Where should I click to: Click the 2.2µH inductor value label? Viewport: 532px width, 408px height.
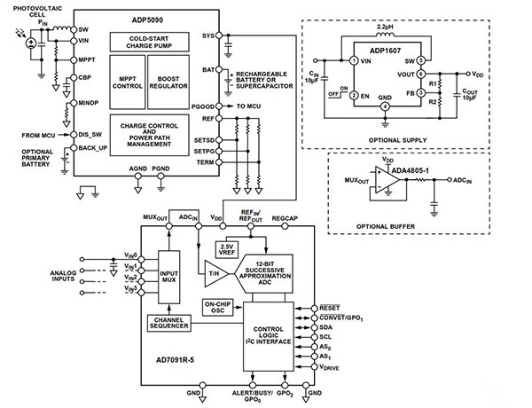[386, 27]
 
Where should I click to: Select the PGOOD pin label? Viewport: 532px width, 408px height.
[206, 105]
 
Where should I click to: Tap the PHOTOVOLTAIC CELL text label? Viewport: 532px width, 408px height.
[36, 12]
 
